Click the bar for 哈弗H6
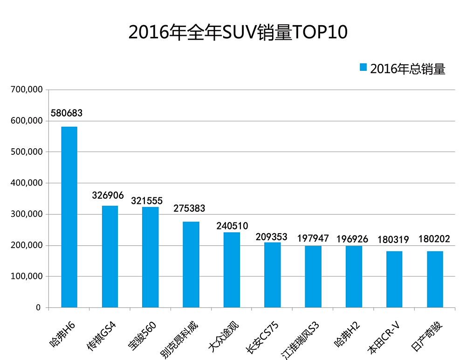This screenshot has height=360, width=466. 69,217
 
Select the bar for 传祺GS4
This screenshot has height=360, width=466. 110,256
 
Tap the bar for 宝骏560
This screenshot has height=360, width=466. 151,257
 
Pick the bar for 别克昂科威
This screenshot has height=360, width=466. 191,264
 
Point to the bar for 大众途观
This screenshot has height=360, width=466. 232,270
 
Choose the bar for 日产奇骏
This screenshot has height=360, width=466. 435,279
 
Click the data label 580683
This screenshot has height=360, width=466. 69,113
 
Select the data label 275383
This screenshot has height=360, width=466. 189,208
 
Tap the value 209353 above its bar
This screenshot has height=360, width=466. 272,236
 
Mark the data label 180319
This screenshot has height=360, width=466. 393,240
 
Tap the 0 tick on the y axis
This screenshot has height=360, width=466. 39,308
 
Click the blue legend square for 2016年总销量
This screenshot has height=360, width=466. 363,68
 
